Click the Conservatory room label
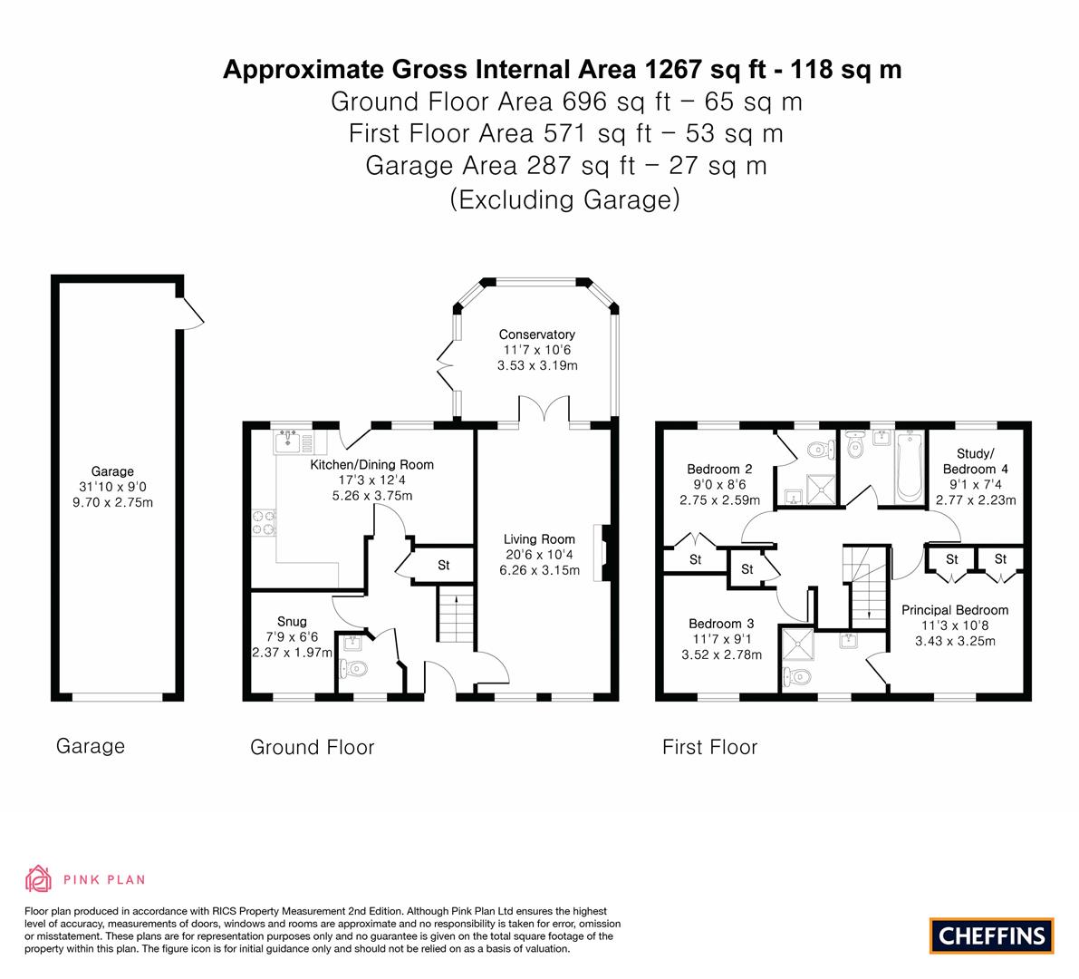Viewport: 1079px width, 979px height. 536,334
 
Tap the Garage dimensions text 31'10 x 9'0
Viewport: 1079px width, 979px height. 112,487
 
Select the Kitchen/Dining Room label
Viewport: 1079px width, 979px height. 371,465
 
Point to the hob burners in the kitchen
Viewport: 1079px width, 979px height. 264,524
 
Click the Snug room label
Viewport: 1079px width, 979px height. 292,622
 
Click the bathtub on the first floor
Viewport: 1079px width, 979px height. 908,466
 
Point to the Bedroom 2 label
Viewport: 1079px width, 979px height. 719,469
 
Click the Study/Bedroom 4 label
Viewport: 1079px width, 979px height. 975,461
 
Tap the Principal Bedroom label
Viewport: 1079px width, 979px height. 954,610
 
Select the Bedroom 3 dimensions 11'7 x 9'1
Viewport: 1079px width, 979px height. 719,639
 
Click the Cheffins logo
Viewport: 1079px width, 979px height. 991,935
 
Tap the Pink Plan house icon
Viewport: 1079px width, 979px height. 39,878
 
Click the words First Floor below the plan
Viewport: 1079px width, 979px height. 709,747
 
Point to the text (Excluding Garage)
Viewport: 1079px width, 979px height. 564,199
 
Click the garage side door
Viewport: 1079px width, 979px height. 190,311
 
